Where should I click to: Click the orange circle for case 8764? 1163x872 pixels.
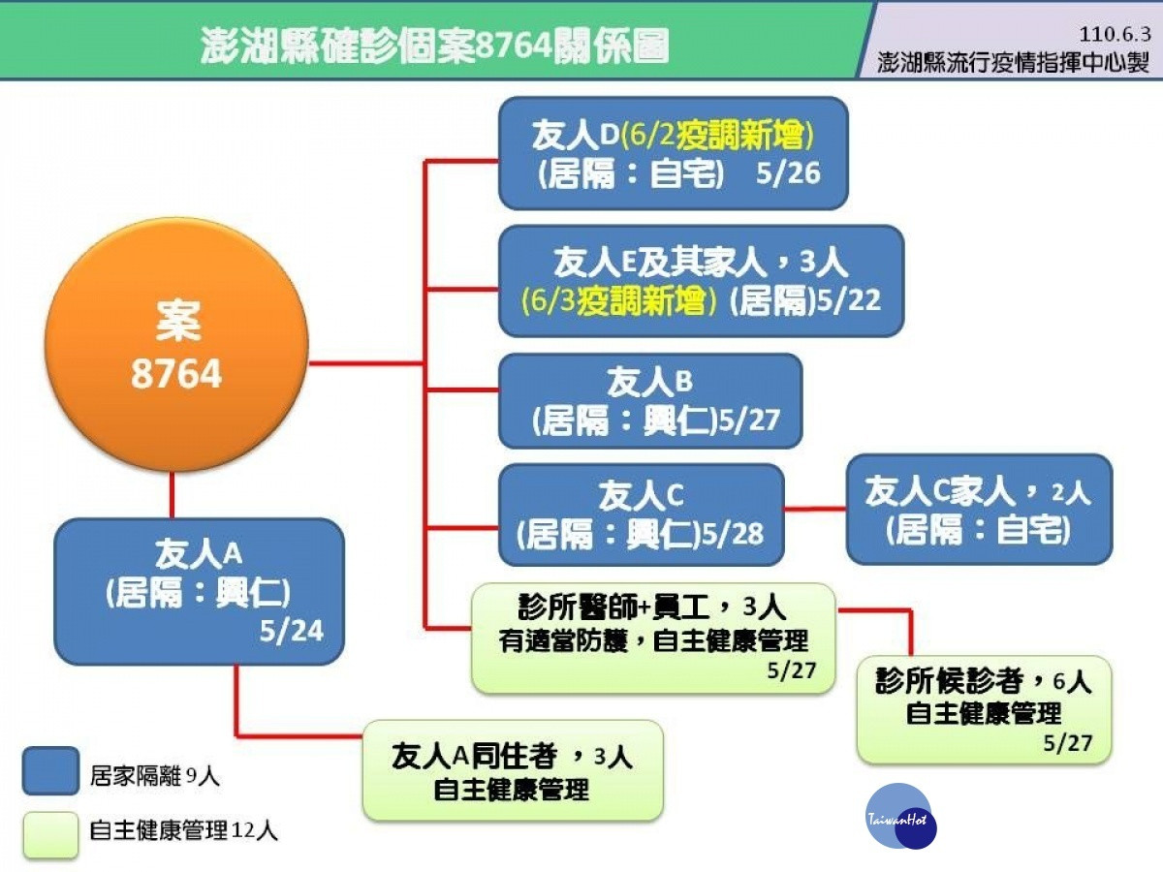[x=176, y=345]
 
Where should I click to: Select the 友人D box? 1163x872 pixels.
[x=674, y=153]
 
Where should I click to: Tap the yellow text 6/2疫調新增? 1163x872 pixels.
[x=716, y=135]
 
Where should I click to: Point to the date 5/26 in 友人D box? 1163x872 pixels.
[x=788, y=173]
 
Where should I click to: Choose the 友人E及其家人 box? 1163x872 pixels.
[x=701, y=281]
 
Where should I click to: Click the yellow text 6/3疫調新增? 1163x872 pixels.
[x=618, y=300]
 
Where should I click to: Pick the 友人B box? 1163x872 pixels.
[x=650, y=401]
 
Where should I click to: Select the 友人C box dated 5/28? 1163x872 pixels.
[x=642, y=514]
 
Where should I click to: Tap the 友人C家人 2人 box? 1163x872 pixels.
[x=979, y=510]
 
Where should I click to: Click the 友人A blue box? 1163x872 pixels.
[x=200, y=591]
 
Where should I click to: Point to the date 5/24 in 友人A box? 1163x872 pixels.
[x=292, y=631]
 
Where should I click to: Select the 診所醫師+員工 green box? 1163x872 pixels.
[x=653, y=638]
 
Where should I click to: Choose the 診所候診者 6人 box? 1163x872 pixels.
[x=984, y=709]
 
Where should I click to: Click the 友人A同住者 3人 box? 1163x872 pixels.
[x=513, y=770]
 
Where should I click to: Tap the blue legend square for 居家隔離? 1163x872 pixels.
[x=50, y=771]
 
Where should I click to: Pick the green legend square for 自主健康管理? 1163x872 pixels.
[x=50, y=835]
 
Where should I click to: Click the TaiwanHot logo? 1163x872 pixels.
[x=900, y=817]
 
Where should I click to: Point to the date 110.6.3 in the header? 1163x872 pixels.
[x=1115, y=35]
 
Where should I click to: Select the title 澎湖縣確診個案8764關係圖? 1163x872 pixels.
[x=434, y=46]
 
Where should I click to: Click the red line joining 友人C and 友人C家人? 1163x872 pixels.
[x=815, y=510]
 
